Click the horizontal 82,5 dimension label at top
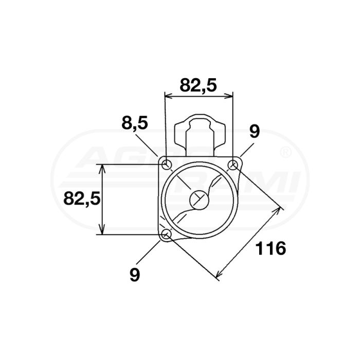pos(198,85)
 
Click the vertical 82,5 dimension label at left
pos(82,199)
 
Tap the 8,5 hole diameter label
pos(135,123)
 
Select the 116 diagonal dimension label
pos(271,248)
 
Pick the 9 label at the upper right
pos(254,132)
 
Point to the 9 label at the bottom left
pos(135,275)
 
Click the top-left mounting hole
pos(166,165)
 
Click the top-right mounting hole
pos(233,165)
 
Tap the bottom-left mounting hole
pos(166,235)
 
